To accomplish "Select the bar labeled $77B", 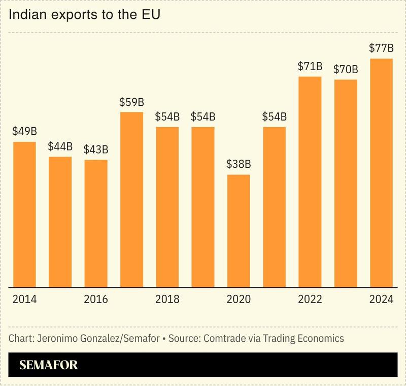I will pyautogui.click(x=381, y=173).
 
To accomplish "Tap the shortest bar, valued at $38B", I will pyautogui.click(x=239, y=231).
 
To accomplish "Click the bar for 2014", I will pyautogui.click(x=24, y=214).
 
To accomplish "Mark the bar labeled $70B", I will pyautogui.click(x=346, y=183).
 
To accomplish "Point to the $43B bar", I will pyautogui.click(x=96, y=223).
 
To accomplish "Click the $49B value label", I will pyautogui.click(x=24, y=131).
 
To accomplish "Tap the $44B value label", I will pyautogui.click(x=60, y=146).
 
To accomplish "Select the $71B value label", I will pyautogui.click(x=310, y=66).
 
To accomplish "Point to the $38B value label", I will pyautogui.click(x=239, y=164).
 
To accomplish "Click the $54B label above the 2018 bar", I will pyautogui.click(x=167, y=116).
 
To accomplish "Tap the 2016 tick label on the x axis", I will pyautogui.click(x=96, y=299).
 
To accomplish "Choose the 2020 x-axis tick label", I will pyautogui.click(x=239, y=299).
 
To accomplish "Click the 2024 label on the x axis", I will pyautogui.click(x=381, y=299).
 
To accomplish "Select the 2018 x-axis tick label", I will pyautogui.click(x=167, y=299).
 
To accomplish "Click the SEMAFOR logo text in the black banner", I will pyautogui.click(x=48, y=365).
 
